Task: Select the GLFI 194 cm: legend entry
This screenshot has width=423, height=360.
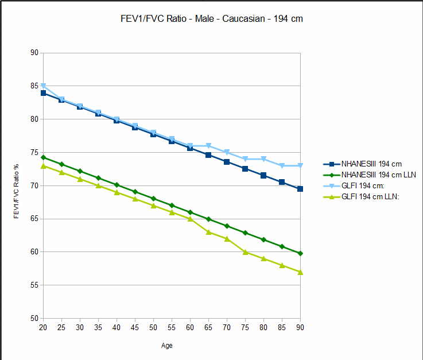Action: [x=361, y=186]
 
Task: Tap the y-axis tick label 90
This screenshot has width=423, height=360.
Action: [x=34, y=53]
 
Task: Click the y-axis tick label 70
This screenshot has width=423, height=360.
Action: [x=34, y=185]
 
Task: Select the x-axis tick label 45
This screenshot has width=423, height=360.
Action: [x=135, y=327]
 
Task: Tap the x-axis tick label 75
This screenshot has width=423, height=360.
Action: [x=245, y=327]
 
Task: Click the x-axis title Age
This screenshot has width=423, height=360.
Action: [x=166, y=346]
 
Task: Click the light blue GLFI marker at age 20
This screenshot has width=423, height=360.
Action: [x=43, y=86]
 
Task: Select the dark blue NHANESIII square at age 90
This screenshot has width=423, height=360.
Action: [x=300, y=189]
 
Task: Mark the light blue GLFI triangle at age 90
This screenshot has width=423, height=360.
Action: [x=300, y=166]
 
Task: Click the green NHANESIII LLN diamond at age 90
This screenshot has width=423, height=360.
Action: [x=300, y=253]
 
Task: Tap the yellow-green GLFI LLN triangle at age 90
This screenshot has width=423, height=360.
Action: [x=300, y=272]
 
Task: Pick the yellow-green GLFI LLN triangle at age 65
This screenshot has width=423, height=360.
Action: [x=208, y=232]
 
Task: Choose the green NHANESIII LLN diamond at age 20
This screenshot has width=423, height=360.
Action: [x=43, y=157]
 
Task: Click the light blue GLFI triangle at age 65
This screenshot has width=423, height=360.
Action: [x=208, y=146]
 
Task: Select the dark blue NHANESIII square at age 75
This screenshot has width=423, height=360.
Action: [x=245, y=169]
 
